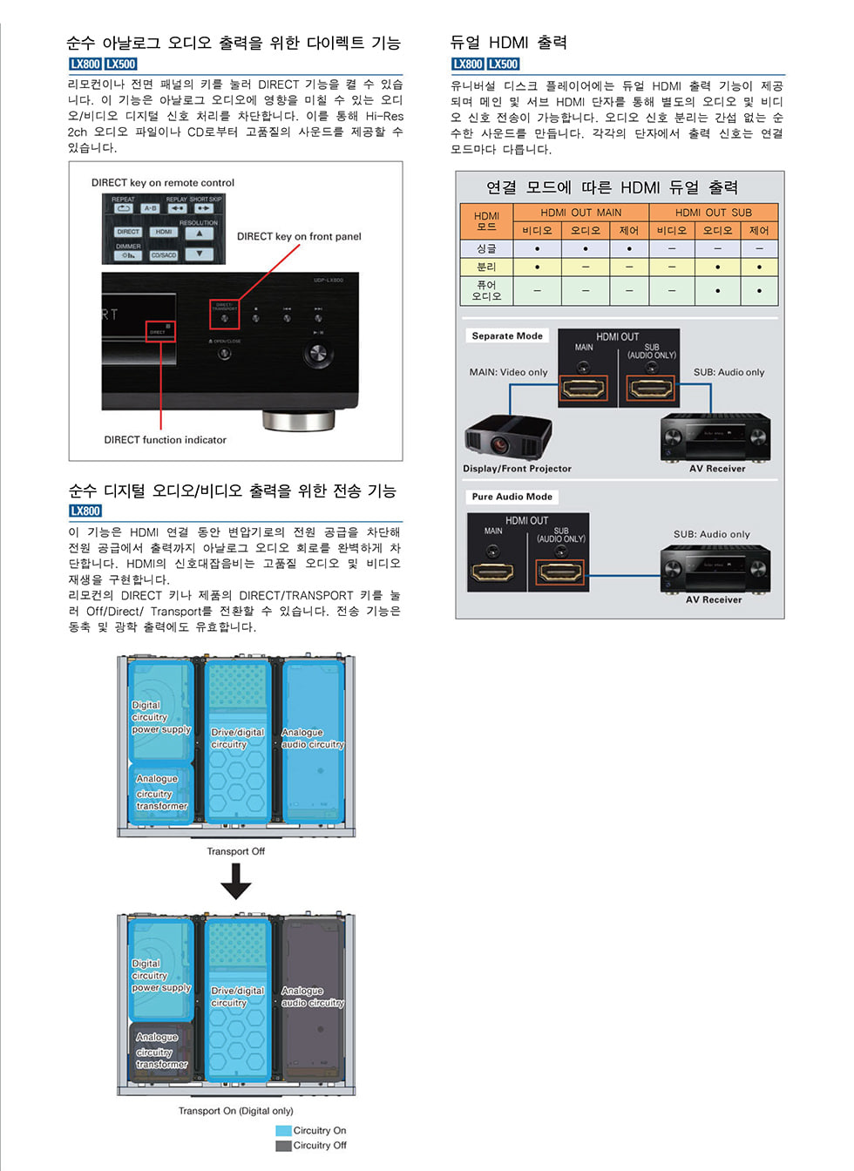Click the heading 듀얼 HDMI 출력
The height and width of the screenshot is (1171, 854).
(x=508, y=43)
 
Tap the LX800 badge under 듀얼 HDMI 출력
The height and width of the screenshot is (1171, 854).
(x=468, y=64)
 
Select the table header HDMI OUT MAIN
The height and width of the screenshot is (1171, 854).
(x=580, y=213)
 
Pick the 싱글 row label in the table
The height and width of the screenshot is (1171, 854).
(x=486, y=248)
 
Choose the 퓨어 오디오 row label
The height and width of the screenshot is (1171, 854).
(x=486, y=290)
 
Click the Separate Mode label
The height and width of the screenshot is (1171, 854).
(x=507, y=336)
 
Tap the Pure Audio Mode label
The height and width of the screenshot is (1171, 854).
(x=512, y=497)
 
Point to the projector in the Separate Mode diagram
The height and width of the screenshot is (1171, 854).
(x=507, y=435)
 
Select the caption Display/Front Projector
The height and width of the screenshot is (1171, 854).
(x=517, y=469)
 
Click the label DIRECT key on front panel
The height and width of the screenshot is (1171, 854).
(x=299, y=236)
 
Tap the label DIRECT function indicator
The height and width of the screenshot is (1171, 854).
(x=165, y=440)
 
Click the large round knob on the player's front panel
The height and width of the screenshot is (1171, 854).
(x=317, y=353)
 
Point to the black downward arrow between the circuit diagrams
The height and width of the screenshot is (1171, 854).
(x=235, y=883)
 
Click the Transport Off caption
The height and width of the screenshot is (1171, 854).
(x=235, y=851)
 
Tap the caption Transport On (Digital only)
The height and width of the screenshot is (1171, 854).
(x=235, y=1111)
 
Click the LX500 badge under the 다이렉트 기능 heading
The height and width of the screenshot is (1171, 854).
(x=121, y=64)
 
